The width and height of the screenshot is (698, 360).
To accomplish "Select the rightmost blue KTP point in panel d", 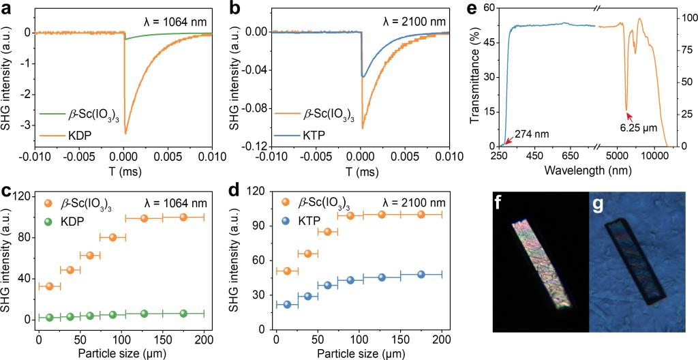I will tap(421, 274).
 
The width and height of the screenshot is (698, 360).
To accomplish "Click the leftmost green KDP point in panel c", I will tap(49, 317).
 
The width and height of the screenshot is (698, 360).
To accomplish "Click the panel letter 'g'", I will tap(597, 205).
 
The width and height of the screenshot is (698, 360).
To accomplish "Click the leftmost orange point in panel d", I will tap(287, 271).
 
